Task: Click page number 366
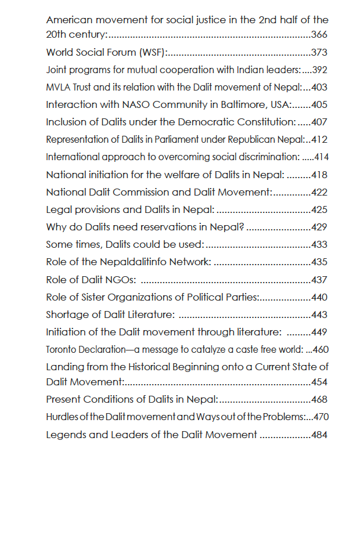point(320,35)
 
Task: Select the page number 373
point(320,52)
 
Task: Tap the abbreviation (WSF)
point(153,52)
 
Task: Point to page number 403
point(320,88)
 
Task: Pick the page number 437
point(320,280)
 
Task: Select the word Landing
point(64,367)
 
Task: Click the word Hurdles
point(60,417)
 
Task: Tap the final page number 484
point(320,435)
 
